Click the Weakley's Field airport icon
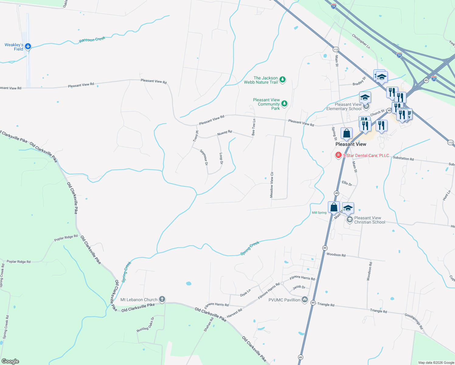[x=28, y=47]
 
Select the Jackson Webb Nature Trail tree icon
[x=283, y=80]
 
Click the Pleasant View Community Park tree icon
[x=284, y=104]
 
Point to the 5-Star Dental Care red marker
[x=338, y=155]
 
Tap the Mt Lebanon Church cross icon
[x=162, y=299]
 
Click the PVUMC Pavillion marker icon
[x=305, y=300]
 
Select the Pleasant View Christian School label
[x=370, y=220]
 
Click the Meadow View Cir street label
[x=272, y=185]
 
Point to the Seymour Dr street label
[x=204, y=157]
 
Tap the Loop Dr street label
[x=221, y=158]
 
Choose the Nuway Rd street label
[x=224, y=133]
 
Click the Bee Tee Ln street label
[x=254, y=127]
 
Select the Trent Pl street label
[x=196, y=136]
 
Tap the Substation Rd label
[x=403, y=158]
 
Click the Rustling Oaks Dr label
[x=145, y=325]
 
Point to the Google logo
[x=10, y=361]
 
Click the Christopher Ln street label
[x=361, y=41]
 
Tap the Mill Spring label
[x=319, y=213]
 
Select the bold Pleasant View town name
[x=351, y=144]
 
